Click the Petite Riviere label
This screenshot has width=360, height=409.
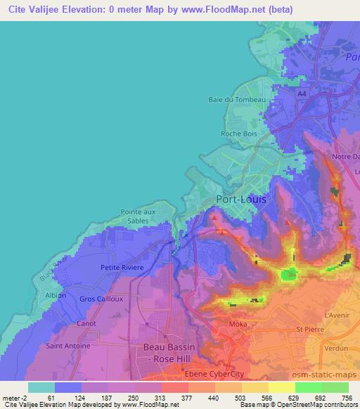click(122, 268)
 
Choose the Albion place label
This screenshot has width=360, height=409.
click(56, 295)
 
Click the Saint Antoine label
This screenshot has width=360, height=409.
click(64, 345)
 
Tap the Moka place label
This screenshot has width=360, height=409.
click(238, 324)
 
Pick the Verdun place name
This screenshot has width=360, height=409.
click(335, 348)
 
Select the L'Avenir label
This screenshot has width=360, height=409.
click(337, 315)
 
